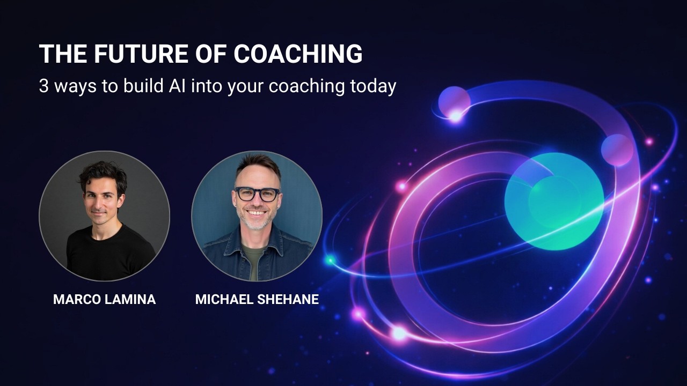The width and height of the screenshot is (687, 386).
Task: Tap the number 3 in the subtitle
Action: (43, 86)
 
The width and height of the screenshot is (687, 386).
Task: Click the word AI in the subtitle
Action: (180, 86)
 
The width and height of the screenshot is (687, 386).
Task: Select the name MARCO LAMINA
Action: (104, 299)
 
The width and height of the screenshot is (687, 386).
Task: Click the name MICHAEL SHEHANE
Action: (257, 299)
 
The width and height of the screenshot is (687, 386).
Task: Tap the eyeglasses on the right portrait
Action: (257, 194)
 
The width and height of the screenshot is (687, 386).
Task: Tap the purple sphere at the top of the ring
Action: (454, 100)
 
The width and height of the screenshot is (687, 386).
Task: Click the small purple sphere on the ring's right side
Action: (617, 150)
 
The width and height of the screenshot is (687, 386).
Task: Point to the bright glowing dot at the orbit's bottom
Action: (399, 333)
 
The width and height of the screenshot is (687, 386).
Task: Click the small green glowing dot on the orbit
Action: (330, 260)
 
